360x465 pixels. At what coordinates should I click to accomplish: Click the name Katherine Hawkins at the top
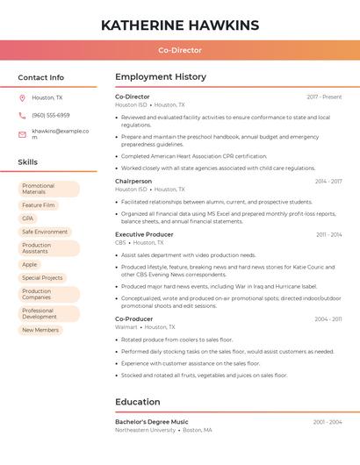click(180, 25)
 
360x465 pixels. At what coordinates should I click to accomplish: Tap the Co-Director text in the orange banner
click(180, 51)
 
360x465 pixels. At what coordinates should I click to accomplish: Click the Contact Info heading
click(41, 77)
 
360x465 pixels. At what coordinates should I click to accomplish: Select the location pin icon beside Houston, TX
click(22, 98)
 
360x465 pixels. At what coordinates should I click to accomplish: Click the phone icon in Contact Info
click(22, 116)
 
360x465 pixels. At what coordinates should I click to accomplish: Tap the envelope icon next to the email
click(22, 134)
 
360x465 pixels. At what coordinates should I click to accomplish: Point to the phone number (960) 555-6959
click(51, 116)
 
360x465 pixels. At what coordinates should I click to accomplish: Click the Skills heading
click(28, 162)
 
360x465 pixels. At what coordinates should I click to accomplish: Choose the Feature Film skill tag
click(39, 205)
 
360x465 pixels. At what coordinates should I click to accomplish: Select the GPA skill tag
click(28, 218)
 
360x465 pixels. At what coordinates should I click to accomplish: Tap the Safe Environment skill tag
click(45, 232)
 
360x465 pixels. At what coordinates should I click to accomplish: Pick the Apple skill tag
click(30, 264)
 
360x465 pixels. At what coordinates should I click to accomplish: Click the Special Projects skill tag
click(42, 278)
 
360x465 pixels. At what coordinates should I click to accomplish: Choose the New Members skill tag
click(40, 330)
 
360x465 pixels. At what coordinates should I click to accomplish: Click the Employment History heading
click(161, 77)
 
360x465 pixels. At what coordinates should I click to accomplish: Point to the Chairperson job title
click(133, 182)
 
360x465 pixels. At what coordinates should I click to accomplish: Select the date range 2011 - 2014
click(329, 235)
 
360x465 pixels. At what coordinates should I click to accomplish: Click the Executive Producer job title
click(144, 235)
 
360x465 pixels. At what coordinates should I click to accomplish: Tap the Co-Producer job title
click(134, 319)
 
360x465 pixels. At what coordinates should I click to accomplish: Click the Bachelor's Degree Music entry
click(152, 422)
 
